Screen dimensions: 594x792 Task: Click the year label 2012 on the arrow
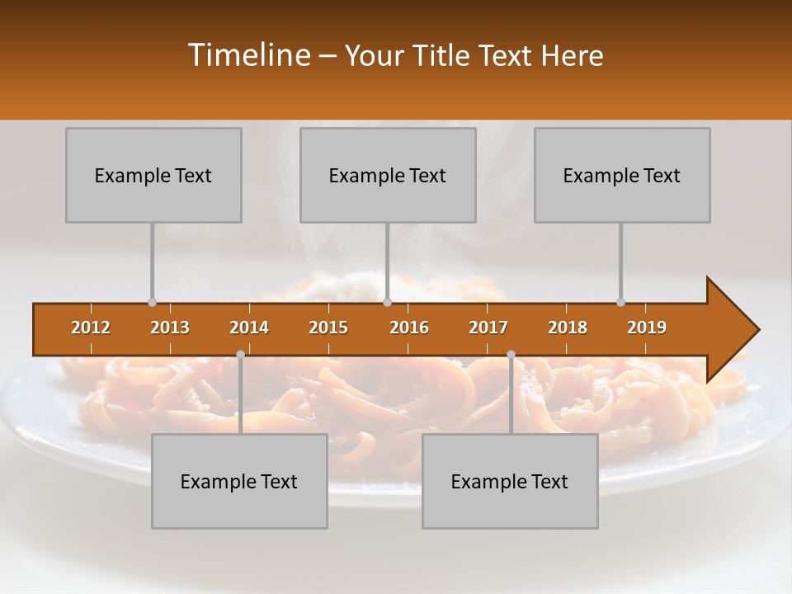91,328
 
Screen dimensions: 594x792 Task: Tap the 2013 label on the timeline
170,328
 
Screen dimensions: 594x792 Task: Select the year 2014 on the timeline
249,328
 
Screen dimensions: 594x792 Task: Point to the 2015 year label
328,328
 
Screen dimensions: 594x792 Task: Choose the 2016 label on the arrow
409,328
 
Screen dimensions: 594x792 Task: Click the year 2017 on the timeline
488,328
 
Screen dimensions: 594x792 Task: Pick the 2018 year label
568,328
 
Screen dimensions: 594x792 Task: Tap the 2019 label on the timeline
647,328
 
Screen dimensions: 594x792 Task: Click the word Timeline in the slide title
247,55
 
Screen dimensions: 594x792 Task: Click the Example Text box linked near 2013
153,175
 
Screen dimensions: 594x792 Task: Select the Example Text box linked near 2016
388,175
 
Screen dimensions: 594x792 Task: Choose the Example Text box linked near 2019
622,175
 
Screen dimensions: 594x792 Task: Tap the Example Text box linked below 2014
239,481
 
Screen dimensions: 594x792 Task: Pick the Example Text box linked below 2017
510,481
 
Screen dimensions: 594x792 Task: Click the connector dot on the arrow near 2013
152,303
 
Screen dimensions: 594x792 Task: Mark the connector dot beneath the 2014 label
240,354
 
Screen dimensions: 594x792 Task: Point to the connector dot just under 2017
511,354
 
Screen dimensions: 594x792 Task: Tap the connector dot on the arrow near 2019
620,303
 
